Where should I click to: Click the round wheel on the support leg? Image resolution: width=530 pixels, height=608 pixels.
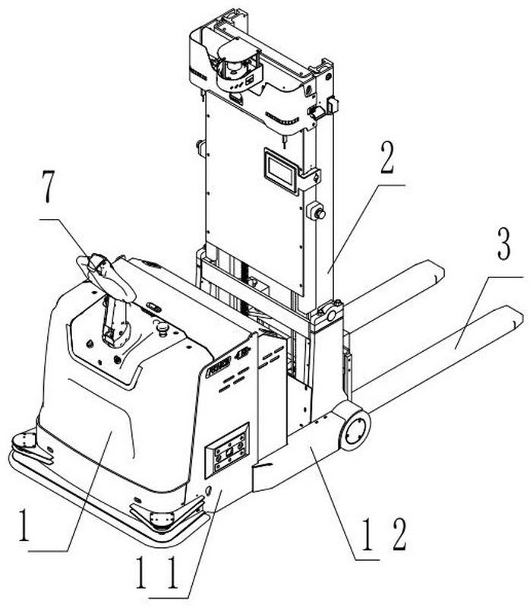(355, 430)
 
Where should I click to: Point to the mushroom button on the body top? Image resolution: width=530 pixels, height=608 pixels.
(160, 327)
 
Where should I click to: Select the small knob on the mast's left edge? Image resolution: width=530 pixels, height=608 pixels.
(201, 147)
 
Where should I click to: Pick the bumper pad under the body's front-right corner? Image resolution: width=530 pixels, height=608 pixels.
(161, 519)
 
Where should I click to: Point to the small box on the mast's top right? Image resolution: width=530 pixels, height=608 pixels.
(317, 111)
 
